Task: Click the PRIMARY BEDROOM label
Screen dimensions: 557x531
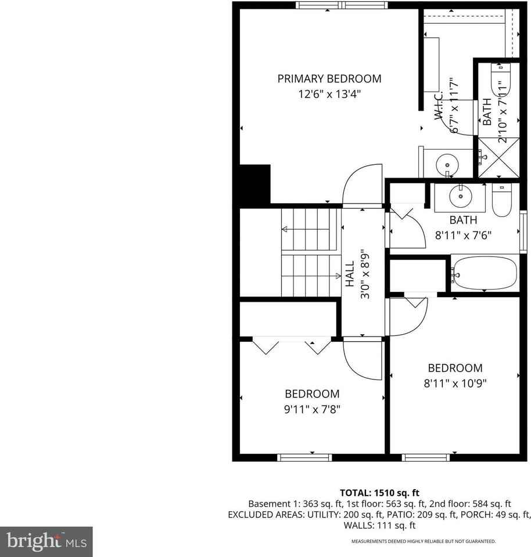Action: click(x=329, y=79)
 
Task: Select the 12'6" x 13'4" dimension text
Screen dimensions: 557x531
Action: click(x=329, y=93)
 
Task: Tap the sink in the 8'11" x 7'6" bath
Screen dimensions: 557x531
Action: click(x=461, y=196)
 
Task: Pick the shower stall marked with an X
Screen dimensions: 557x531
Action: click(x=497, y=157)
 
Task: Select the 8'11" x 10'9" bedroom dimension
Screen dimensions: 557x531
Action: click(x=455, y=383)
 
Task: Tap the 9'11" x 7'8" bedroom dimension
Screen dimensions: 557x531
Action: click(x=311, y=408)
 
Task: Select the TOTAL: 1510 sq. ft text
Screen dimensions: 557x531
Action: click(x=379, y=491)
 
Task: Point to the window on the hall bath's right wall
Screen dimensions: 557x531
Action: click(x=523, y=225)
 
